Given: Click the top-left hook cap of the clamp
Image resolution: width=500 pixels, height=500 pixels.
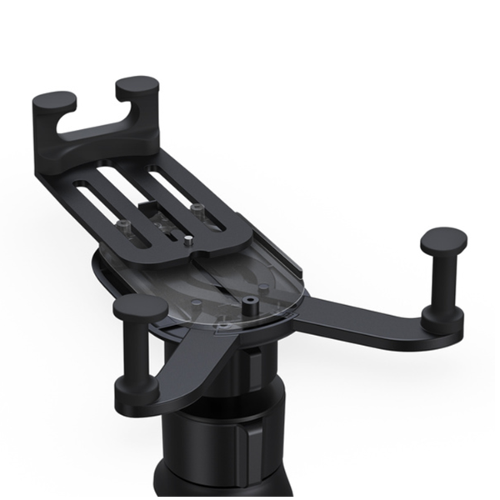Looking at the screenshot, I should [x=54, y=103].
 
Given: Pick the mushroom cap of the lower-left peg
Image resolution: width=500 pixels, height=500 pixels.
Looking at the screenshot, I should [x=140, y=307].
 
